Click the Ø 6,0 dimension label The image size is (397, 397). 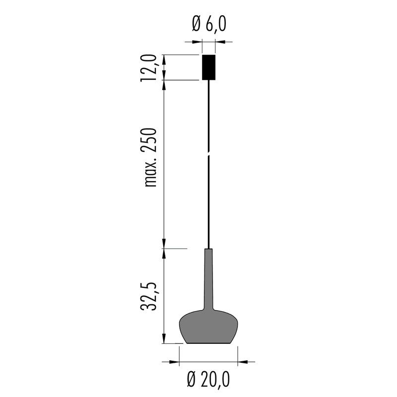(x=209, y=24)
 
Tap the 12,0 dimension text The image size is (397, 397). (x=148, y=68)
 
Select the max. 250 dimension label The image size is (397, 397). (x=150, y=157)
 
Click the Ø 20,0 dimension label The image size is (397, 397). (x=208, y=379)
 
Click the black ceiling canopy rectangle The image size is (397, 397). (x=208, y=67)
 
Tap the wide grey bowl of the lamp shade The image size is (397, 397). (x=208, y=327)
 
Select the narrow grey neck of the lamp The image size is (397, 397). (x=208, y=278)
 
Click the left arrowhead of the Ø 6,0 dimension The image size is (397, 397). (x=198, y=42)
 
